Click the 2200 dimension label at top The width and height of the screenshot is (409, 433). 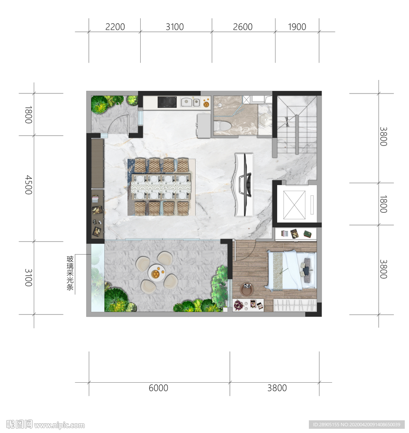(115, 27)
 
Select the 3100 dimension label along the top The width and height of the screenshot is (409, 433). (175, 27)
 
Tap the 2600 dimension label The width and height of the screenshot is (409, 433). (243, 27)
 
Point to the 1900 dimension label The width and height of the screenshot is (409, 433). (297, 27)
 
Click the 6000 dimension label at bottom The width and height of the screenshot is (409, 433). (158, 388)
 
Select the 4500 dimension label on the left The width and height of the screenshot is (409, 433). (29, 185)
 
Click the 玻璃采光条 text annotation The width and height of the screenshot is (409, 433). (70, 273)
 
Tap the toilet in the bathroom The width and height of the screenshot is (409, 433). (222, 126)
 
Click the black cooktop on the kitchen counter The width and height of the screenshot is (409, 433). (167, 102)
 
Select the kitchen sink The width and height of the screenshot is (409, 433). (191, 102)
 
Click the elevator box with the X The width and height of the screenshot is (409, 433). (294, 205)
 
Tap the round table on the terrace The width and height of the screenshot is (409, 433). (156, 273)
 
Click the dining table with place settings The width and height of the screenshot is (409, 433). (161, 186)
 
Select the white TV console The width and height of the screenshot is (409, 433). (244, 185)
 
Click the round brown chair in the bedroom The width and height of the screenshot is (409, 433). (246, 290)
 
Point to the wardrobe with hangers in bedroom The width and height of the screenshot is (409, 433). (295, 305)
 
